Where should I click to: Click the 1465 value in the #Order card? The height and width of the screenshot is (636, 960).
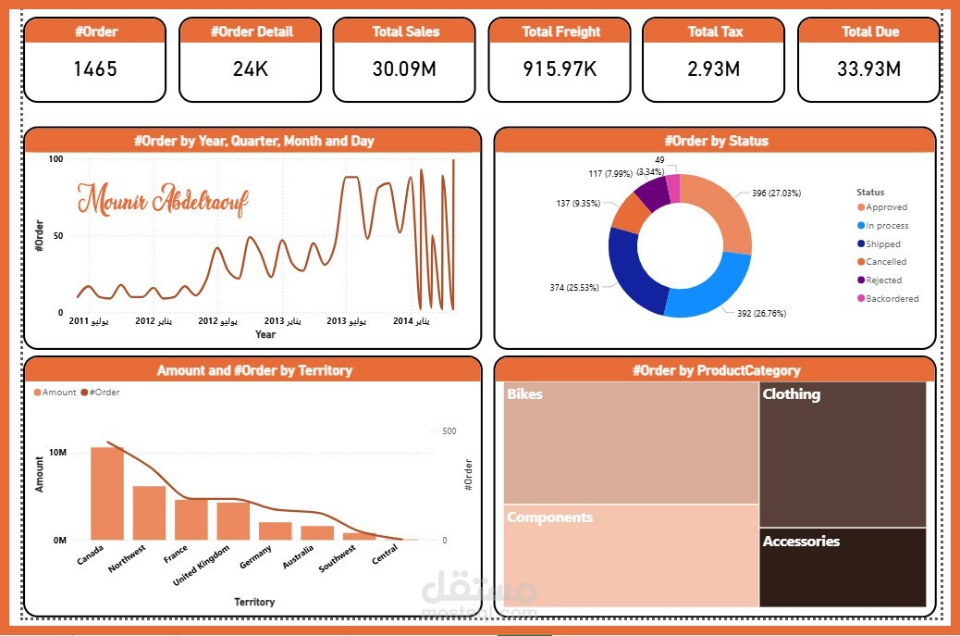click(x=94, y=69)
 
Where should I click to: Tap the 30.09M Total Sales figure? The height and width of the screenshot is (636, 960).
click(x=406, y=69)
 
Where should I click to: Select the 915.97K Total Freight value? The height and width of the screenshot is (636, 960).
click(x=560, y=69)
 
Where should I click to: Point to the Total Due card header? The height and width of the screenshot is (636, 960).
click(x=869, y=31)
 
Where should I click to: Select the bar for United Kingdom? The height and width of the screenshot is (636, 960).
click(x=233, y=520)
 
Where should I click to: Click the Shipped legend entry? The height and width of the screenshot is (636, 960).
click(x=882, y=244)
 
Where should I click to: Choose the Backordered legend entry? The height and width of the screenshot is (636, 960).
click(x=892, y=299)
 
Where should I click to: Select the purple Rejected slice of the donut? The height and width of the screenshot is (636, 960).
click(x=652, y=193)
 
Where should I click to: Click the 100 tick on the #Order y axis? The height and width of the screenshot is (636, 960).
click(x=56, y=160)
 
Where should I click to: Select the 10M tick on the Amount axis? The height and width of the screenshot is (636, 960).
click(x=57, y=453)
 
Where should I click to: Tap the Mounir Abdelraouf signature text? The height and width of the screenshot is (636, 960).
click(x=163, y=200)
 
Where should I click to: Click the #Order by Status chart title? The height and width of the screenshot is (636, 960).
click(x=715, y=141)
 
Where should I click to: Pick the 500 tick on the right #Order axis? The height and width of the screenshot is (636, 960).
click(x=449, y=431)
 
